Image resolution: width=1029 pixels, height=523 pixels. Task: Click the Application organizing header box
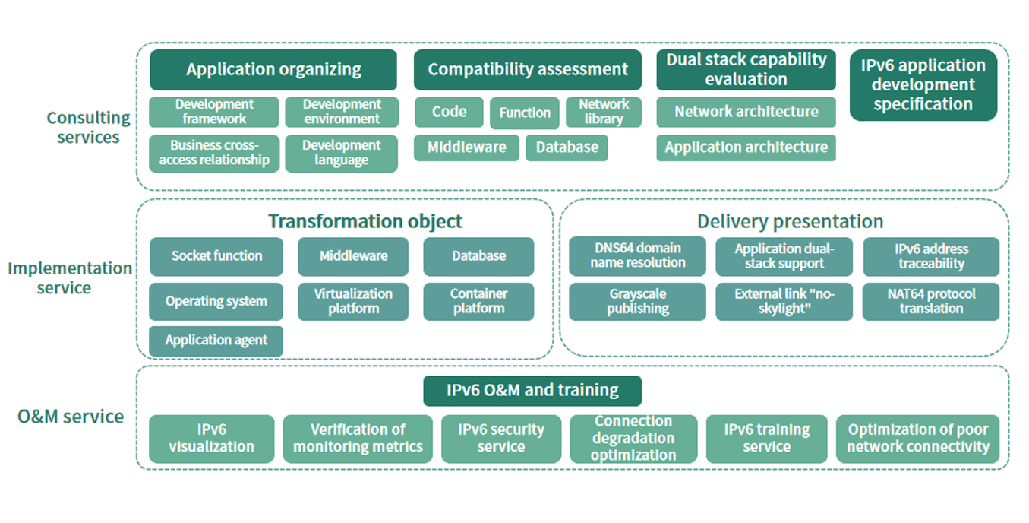tap(273, 69)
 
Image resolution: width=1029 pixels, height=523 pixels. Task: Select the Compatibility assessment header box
tap(527, 69)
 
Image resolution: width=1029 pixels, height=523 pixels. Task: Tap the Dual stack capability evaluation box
tap(746, 69)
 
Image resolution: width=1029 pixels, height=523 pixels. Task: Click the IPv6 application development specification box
tap(923, 85)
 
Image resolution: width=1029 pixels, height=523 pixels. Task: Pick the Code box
tap(449, 112)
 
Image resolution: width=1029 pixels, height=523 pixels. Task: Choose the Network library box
tap(604, 112)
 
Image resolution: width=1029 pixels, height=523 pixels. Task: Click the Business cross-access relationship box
tap(214, 153)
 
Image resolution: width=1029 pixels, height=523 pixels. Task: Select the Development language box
tap(341, 153)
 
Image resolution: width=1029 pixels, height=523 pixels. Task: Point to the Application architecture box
tap(746, 147)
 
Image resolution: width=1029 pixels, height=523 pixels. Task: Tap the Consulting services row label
tap(88, 128)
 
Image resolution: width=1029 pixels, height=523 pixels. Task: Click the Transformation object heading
tap(365, 221)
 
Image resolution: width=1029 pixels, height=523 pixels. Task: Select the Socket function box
tap(216, 256)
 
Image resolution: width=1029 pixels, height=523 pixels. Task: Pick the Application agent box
tap(216, 341)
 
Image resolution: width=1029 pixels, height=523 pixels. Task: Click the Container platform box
tap(478, 301)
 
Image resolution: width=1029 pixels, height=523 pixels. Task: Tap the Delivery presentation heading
tap(790, 221)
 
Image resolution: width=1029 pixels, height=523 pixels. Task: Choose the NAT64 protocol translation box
tap(931, 301)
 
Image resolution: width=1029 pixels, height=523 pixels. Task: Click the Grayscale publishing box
tap(638, 301)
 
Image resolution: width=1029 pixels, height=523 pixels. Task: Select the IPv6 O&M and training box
tap(532, 391)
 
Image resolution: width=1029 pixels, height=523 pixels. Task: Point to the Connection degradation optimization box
tap(633, 439)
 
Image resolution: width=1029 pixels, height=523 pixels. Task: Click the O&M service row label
tap(71, 417)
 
